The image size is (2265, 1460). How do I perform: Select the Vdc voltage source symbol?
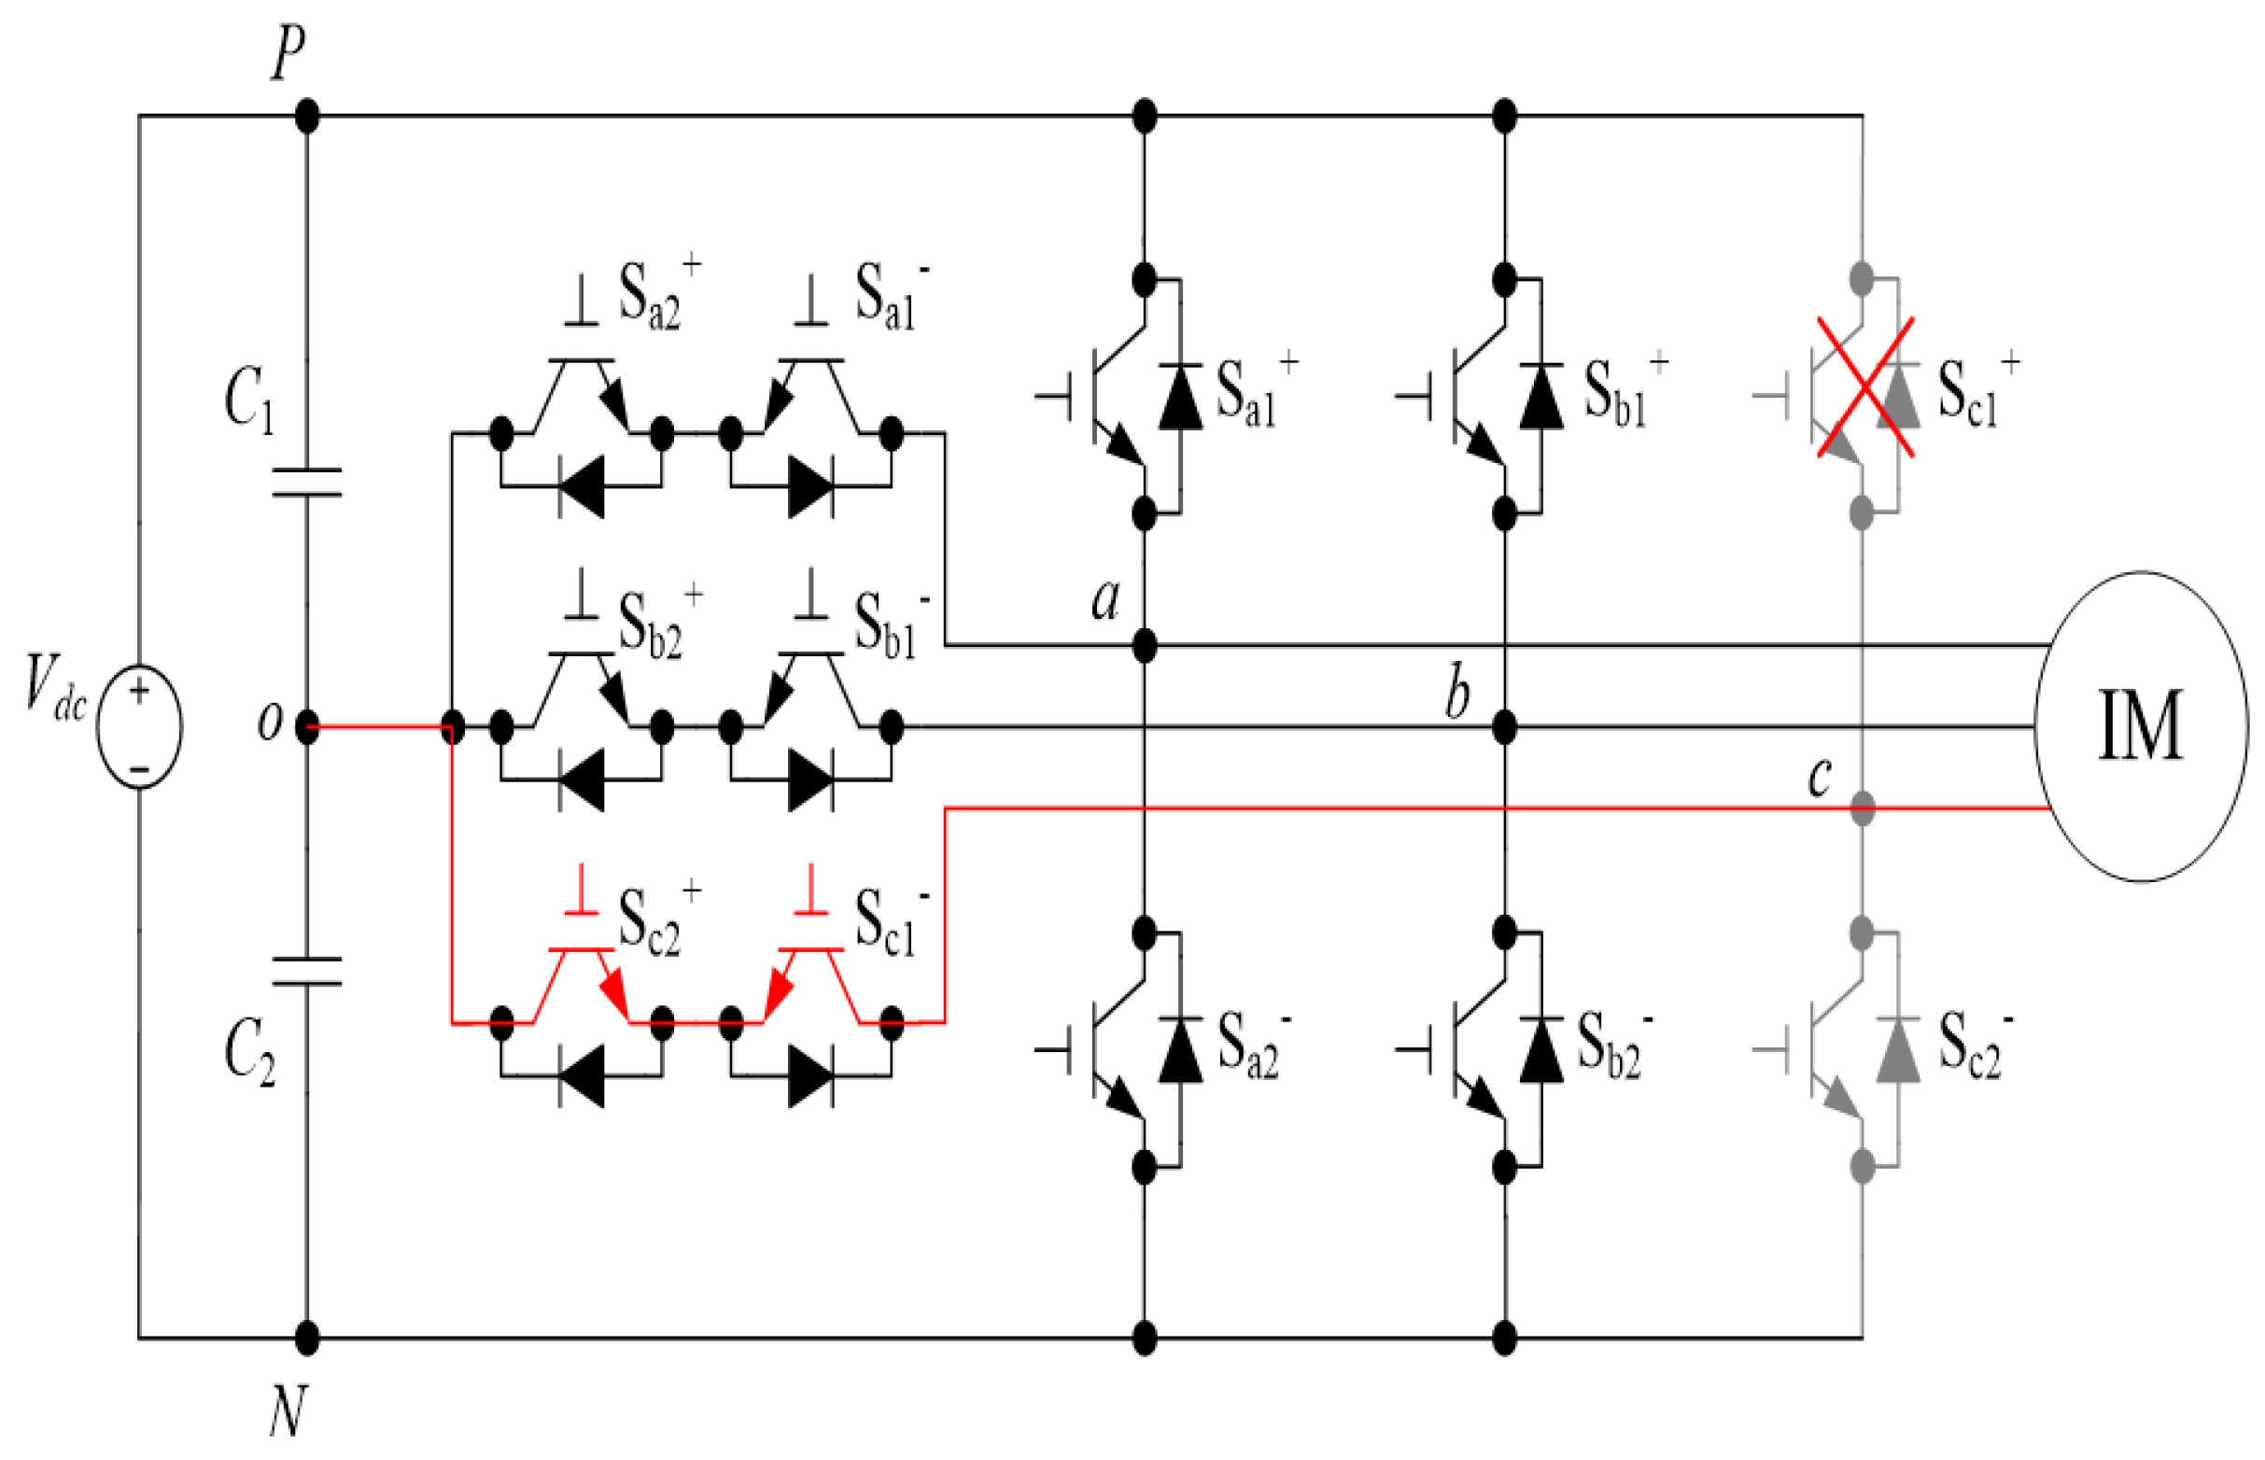[x=139, y=726]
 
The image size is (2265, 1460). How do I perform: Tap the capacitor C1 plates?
[x=306, y=482]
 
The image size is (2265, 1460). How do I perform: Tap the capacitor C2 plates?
[x=306, y=971]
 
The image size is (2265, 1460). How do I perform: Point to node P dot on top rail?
[x=306, y=116]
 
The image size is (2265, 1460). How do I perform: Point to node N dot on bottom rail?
[x=306, y=1338]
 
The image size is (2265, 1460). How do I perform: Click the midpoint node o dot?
[x=306, y=727]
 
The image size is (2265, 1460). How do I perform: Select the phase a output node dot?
[x=1145, y=647]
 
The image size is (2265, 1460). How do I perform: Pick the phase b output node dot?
[x=1504, y=727]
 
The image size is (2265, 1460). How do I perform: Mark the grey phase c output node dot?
[x=1862, y=808]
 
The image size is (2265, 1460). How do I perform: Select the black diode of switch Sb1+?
[x=1540, y=397]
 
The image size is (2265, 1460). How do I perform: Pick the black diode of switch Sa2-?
[x=1180, y=1049]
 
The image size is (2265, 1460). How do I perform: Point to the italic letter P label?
[x=288, y=52]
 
